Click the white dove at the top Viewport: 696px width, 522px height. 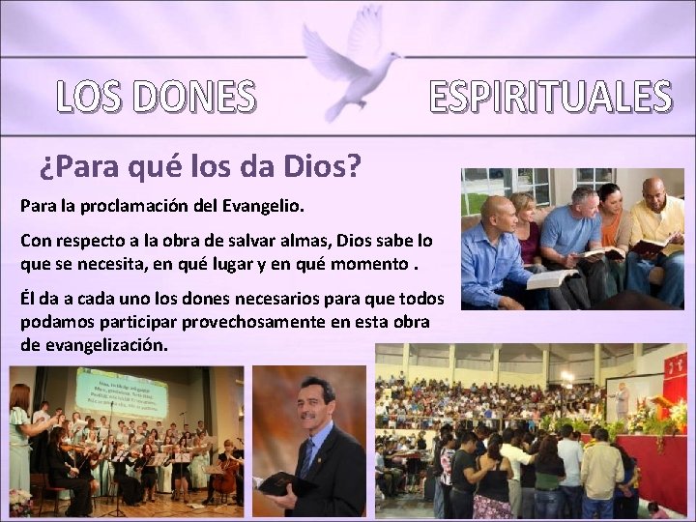350,63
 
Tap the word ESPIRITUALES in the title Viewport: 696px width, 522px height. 549,97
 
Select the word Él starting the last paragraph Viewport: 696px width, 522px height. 28,298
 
